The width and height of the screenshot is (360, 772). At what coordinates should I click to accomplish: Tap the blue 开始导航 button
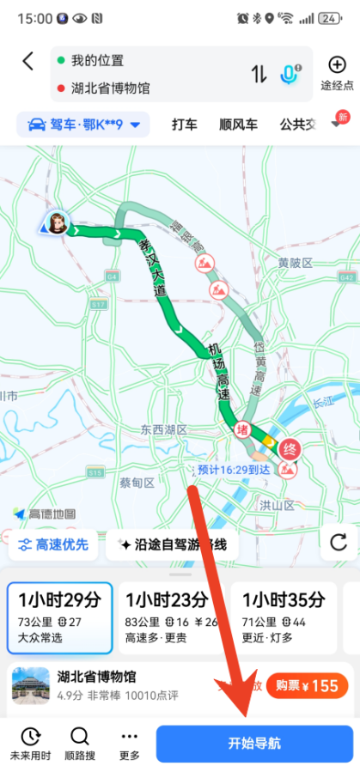click(254, 744)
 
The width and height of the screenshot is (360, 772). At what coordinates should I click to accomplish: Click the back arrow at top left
click(28, 61)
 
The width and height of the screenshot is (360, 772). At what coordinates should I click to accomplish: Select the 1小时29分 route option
click(59, 617)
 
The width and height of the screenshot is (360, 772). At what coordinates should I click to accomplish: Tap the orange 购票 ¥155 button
click(306, 685)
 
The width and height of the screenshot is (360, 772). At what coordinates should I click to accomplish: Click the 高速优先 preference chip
click(52, 544)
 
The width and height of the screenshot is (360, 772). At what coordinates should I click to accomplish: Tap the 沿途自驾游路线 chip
click(172, 544)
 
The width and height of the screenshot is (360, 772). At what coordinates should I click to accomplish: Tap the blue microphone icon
click(289, 74)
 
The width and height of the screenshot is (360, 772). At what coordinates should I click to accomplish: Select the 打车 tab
click(184, 125)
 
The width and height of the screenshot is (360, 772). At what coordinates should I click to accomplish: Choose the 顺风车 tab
click(238, 125)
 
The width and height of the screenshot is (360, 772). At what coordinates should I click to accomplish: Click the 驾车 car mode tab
click(83, 125)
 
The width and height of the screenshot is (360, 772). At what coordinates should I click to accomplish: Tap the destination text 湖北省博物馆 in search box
click(111, 88)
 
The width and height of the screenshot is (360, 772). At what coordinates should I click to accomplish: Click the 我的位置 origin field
click(97, 61)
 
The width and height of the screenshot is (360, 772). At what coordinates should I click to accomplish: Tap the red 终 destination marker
click(290, 449)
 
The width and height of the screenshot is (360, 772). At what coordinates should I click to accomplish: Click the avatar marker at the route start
click(58, 222)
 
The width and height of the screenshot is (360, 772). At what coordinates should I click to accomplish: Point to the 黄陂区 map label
click(295, 262)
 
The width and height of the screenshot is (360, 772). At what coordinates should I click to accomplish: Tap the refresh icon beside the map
click(339, 542)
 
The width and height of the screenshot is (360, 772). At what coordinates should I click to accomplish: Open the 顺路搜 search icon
click(79, 743)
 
